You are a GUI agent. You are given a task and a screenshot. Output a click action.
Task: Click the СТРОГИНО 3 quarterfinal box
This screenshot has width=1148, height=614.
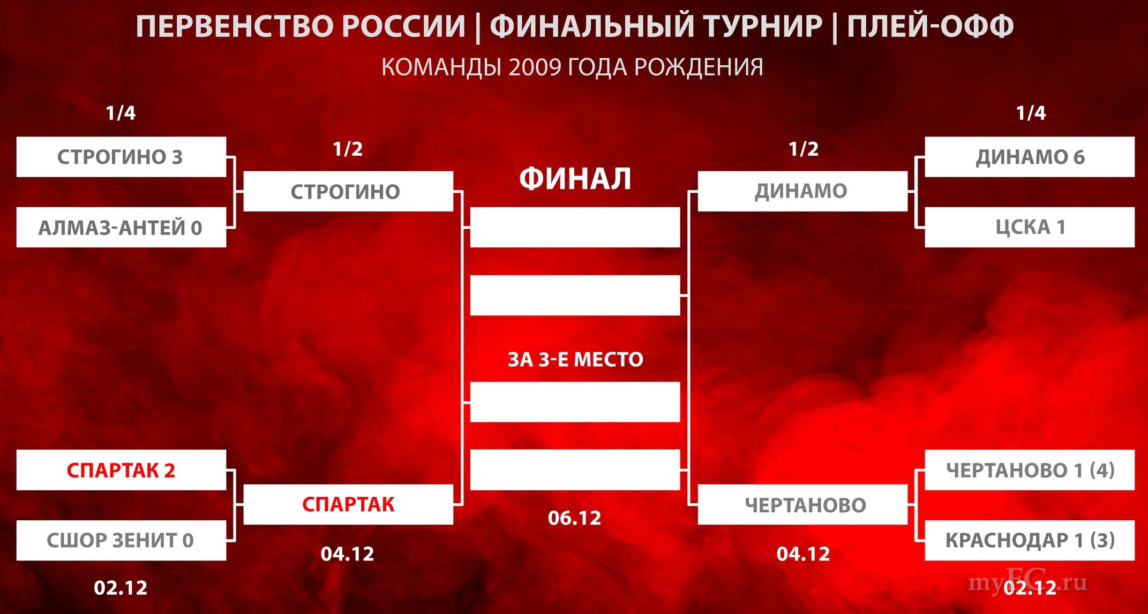[x=121, y=157]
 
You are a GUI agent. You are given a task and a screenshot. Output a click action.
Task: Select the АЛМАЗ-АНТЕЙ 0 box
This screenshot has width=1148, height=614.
[x=121, y=228]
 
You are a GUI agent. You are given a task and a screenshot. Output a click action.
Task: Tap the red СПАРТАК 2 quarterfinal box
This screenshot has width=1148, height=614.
[x=121, y=470]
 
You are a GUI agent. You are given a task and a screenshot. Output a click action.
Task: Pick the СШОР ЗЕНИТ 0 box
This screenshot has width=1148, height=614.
[x=121, y=540]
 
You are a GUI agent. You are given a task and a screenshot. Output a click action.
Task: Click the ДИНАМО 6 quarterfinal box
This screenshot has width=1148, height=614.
[x=1030, y=157]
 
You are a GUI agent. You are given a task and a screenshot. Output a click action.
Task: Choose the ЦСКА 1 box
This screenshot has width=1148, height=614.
[x=1030, y=228]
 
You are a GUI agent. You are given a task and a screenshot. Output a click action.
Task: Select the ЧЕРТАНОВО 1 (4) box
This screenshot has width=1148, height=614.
[x=1030, y=470]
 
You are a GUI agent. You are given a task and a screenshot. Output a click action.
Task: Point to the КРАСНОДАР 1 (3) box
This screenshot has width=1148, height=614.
[x=1030, y=540]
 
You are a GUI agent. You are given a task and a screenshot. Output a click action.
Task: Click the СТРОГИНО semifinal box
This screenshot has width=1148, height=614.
[x=348, y=191]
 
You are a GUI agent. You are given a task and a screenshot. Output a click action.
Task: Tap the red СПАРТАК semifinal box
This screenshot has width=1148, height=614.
[x=348, y=504]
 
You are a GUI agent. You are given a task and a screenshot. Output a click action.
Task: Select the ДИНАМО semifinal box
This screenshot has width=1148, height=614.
[x=802, y=191]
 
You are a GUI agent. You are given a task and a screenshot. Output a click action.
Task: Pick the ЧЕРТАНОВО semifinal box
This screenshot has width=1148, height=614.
[x=802, y=504]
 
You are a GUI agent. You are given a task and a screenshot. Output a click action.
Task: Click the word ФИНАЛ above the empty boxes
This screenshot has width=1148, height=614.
[x=575, y=179]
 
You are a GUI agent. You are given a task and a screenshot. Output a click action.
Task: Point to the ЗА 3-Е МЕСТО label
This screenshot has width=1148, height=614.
[x=575, y=359]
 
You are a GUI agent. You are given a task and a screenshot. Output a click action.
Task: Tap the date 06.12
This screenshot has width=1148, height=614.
[x=575, y=518]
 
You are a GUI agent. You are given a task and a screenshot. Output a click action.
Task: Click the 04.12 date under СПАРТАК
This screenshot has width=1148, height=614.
[x=348, y=554]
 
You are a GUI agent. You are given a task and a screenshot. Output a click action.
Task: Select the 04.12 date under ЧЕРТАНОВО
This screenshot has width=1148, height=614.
[x=804, y=554]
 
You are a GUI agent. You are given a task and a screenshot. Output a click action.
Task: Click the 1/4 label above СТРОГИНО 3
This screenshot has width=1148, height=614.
[x=121, y=113]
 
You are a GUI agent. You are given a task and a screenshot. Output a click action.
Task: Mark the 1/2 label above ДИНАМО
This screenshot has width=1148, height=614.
[x=804, y=149]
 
